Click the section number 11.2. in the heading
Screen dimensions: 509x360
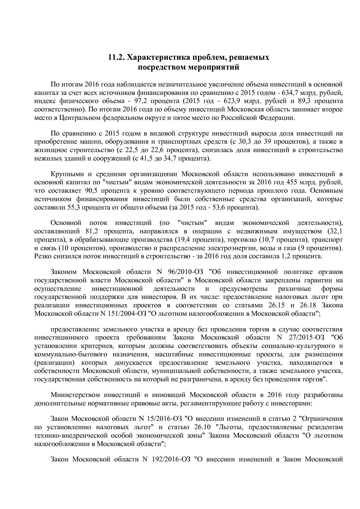click(116, 57)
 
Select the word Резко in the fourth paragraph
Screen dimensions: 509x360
click(42, 257)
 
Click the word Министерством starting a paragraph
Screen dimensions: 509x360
click(75, 395)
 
